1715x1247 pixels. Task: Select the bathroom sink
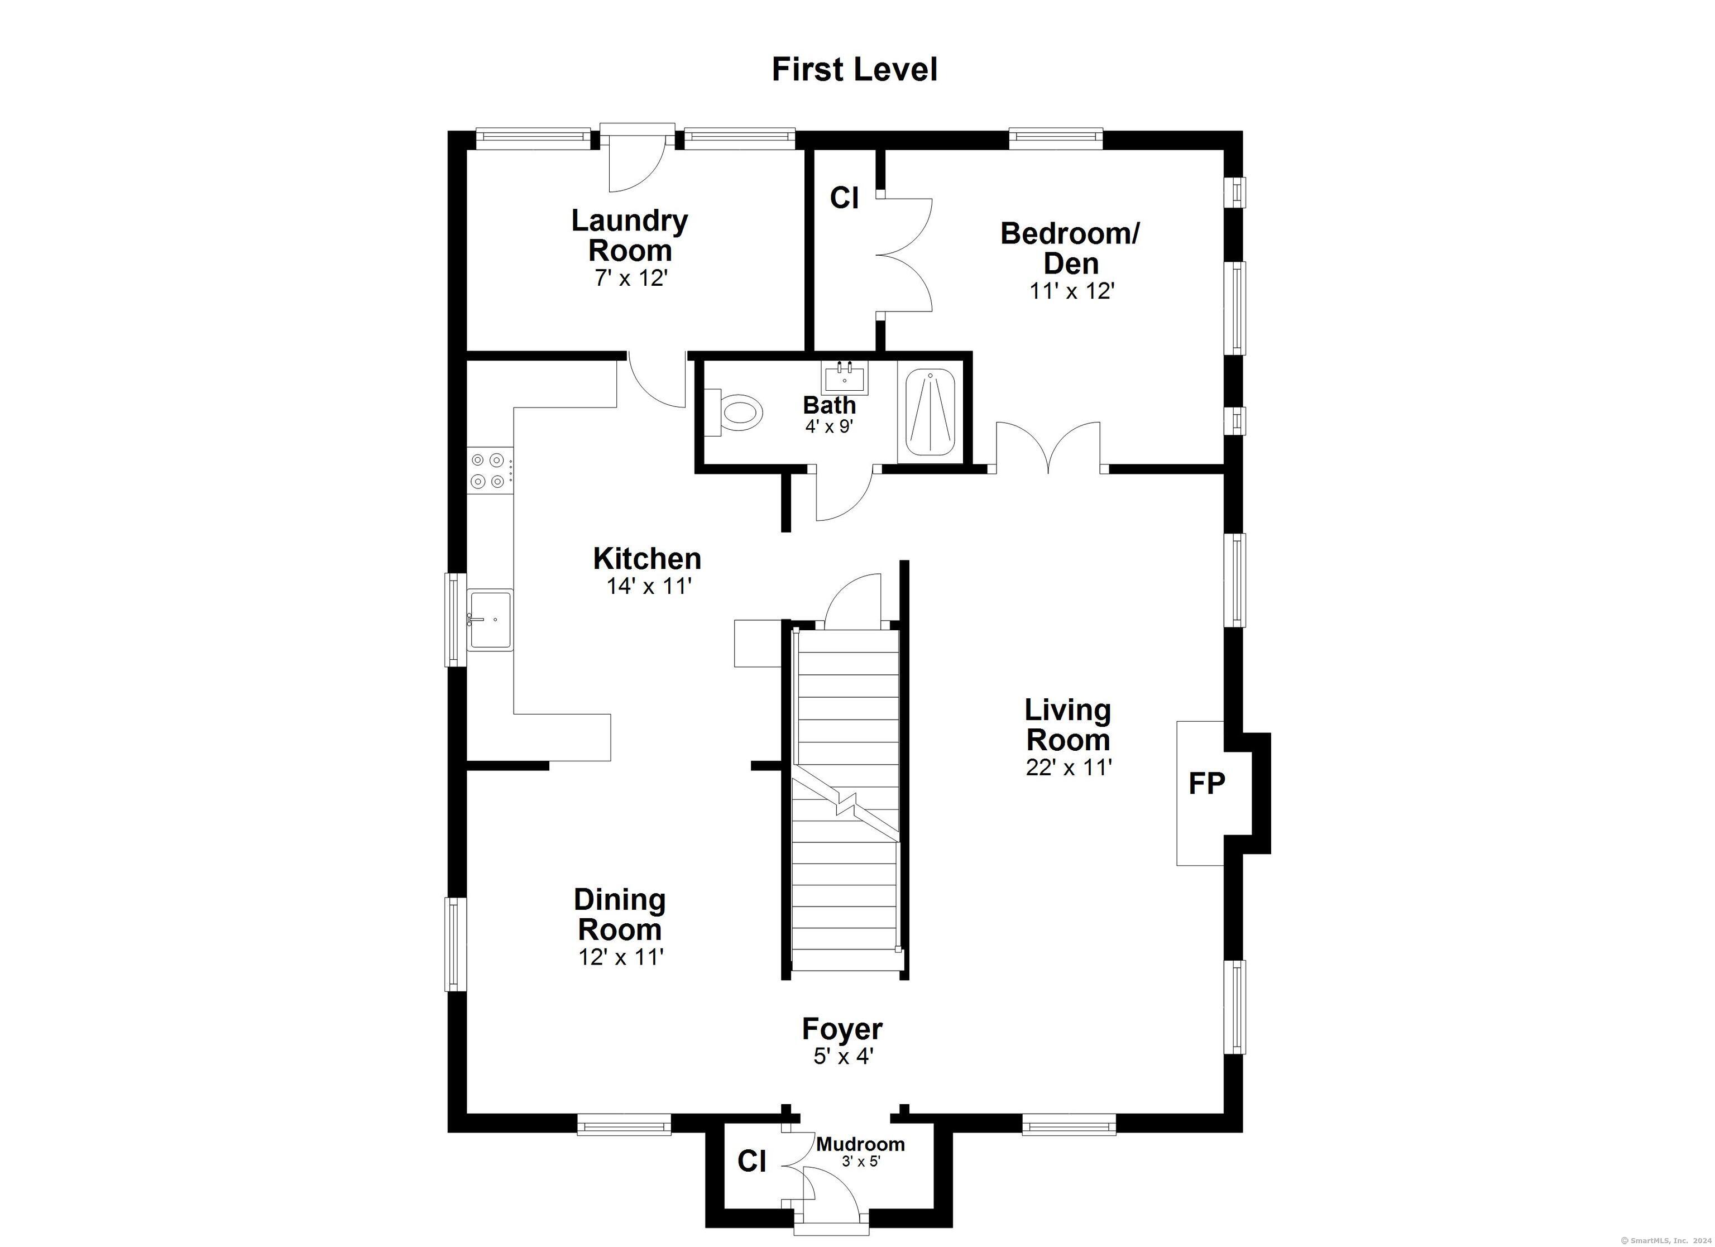click(x=845, y=377)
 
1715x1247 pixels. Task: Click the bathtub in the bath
click(x=930, y=412)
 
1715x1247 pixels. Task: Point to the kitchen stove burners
click(x=488, y=469)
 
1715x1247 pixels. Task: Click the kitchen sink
click(x=490, y=620)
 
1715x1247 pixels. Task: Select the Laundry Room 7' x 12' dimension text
click(x=631, y=279)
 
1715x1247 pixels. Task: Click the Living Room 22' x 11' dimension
click(x=1069, y=768)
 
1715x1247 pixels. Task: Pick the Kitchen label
click(x=647, y=559)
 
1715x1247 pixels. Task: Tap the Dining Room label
click(x=620, y=915)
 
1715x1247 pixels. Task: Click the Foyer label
click(x=842, y=1029)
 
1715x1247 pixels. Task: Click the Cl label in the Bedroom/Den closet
click(x=844, y=198)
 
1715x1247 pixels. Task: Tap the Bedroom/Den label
click(x=1070, y=248)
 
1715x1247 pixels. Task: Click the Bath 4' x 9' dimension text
click(x=830, y=427)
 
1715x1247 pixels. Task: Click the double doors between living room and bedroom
click(x=1048, y=446)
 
